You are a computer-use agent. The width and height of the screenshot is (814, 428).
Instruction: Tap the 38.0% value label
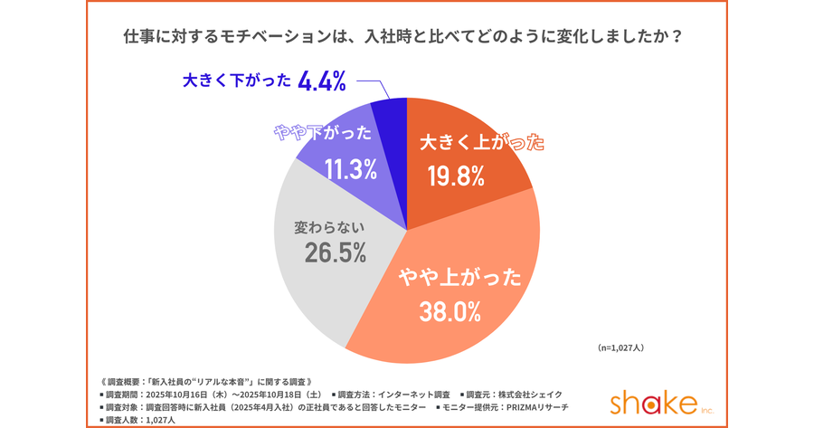(450, 312)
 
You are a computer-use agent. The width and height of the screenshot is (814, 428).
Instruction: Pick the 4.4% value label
(321, 82)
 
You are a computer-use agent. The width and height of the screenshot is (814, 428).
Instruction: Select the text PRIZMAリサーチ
(536, 406)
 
